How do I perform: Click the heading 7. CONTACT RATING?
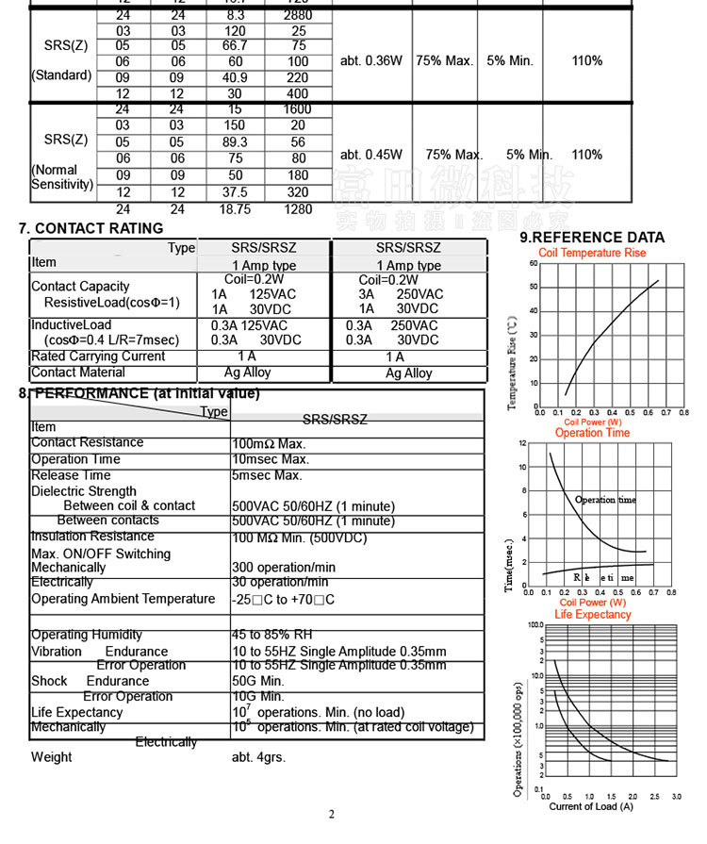91,228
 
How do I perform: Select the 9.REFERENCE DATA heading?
592,238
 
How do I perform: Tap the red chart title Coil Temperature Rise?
592,253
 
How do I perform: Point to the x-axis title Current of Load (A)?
591,806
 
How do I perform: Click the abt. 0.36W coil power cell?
371,60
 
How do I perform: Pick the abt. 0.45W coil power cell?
371,155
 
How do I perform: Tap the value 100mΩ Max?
270,443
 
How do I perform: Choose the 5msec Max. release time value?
267,475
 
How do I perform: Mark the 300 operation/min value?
284,568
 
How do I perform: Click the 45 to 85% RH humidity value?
271,635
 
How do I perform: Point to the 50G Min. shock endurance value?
258,680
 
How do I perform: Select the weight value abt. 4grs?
258,757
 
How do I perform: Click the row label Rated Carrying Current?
98,356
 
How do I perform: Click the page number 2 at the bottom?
332,815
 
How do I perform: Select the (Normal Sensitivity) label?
62,177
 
